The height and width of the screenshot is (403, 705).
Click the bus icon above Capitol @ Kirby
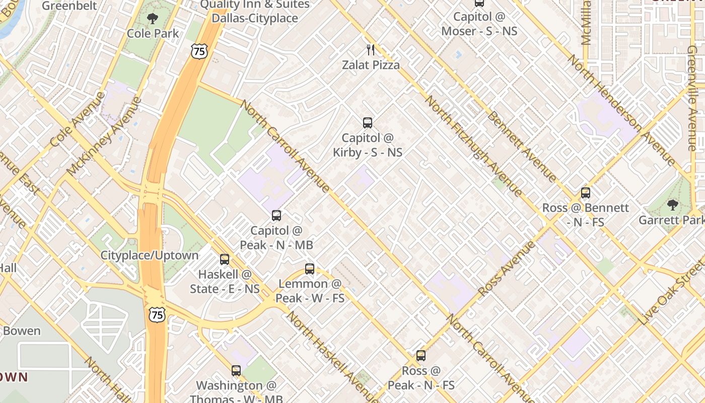coord(368,122)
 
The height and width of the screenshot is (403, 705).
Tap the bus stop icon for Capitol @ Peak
coord(276,216)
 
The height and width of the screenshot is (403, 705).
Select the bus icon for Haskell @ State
coord(225,259)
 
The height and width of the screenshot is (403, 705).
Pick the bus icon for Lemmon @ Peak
coord(310,269)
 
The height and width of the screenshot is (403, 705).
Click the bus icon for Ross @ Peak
coord(421,356)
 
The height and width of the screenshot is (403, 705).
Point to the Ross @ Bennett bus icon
coord(585,192)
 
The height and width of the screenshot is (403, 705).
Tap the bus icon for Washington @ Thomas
coord(236,371)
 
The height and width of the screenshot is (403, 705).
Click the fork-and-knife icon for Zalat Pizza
coord(371,49)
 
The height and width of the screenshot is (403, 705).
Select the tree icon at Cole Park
coord(152,19)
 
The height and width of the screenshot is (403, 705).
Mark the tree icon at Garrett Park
coord(672,205)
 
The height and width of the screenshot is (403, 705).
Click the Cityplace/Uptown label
coord(150,255)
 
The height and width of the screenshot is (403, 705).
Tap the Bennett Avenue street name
coord(522,146)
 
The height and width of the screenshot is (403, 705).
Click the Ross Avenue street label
coord(507,268)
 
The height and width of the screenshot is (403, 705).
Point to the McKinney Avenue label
coord(104,136)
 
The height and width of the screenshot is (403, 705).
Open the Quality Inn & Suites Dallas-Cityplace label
coord(254,11)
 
